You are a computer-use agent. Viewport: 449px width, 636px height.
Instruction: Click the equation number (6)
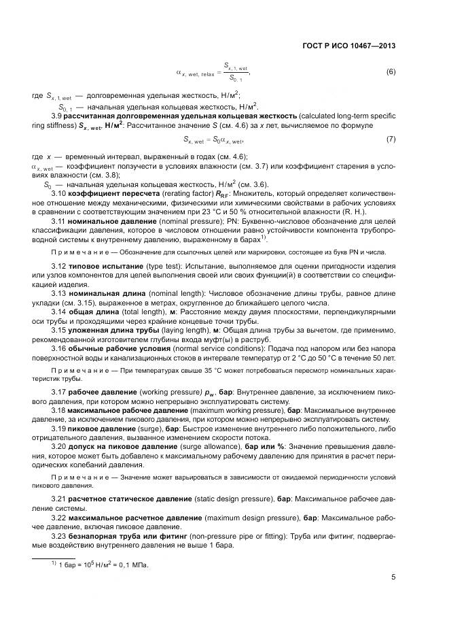(391, 71)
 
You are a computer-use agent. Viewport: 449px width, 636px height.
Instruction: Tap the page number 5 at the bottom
(394, 578)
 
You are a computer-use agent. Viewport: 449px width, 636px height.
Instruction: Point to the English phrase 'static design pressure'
(231, 500)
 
